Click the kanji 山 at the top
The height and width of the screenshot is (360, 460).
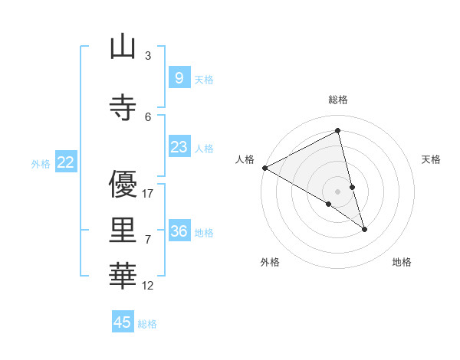click(x=123, y=47)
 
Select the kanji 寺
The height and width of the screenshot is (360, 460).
click(x=123, y=107)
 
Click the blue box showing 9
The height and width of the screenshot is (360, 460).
click(x=179, y=78)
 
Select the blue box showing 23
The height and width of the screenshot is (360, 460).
click(x=179, y=147)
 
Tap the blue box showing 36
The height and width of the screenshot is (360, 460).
click(x=179, y=231)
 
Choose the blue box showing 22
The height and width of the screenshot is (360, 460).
click(x=66, y=162)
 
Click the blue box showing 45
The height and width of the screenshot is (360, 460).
click(x=123, y=322)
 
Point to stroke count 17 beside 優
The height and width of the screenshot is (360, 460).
click(x=148, y=194)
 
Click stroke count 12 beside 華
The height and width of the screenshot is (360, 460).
click(x=148, y=286)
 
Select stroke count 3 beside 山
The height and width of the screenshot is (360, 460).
click(x=148, y=56)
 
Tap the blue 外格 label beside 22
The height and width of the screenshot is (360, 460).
click(x=41, y=163)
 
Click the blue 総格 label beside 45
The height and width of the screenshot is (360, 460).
click(x=147, y=324)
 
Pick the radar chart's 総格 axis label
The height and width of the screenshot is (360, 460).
click(x=338, y=100)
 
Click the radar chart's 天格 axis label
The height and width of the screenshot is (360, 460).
click(x=432, y=159)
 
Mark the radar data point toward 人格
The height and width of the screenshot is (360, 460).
click(x=264, y=168)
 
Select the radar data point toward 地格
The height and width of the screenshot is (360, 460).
click(x=364, y=229)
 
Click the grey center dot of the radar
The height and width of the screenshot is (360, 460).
click(x=337, y=191)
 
